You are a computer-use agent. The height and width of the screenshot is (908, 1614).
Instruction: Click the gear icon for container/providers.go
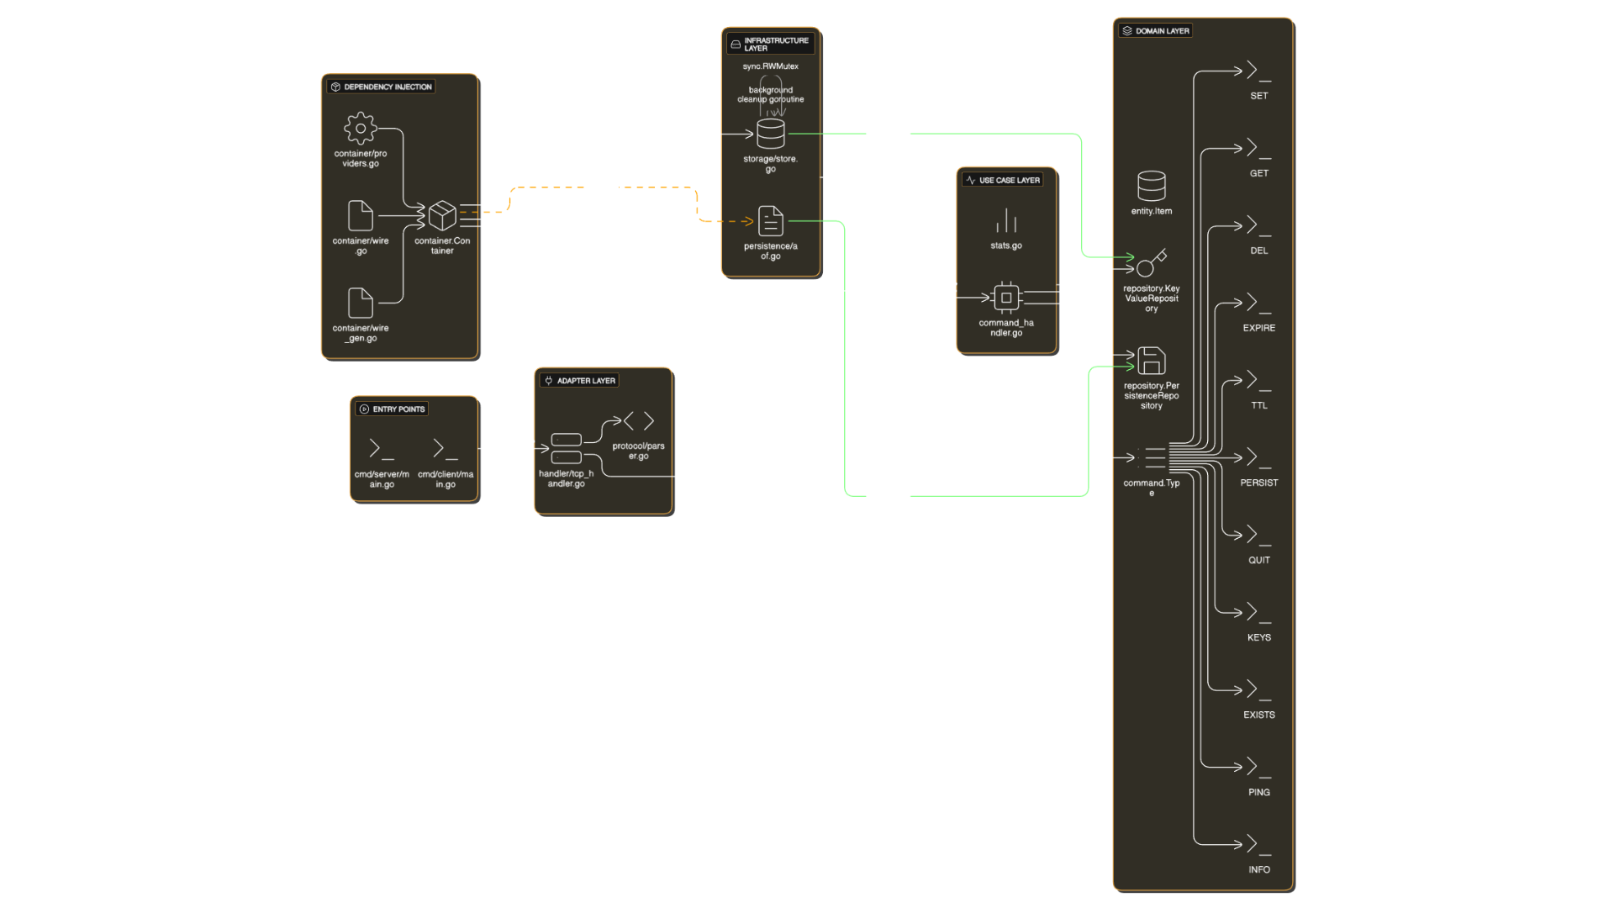pos(360,129)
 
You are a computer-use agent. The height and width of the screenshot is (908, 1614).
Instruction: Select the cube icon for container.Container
pos(442,216)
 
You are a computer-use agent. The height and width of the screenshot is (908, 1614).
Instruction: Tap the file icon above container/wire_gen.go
pos(360,304)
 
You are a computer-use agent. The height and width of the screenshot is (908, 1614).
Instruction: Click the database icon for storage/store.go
pos(770,134)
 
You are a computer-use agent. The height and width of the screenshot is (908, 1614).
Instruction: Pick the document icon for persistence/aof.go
pos(770,221)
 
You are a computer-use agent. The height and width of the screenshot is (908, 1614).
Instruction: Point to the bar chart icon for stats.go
pos(1006,221)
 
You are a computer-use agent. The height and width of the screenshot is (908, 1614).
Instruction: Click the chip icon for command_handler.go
pos(1006,298)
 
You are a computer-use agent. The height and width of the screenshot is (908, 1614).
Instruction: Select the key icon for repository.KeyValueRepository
pos(1151,263)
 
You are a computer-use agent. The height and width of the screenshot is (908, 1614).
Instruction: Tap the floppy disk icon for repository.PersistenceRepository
pos(1151,361)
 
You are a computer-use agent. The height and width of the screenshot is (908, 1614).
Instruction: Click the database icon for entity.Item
pos(1151,186)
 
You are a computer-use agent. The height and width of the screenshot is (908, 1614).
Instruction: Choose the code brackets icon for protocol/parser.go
pos(638,421)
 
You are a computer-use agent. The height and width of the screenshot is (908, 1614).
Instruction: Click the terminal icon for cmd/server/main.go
pos(382,449)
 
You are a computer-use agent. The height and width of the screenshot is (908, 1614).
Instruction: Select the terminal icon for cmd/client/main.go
pos(446,449)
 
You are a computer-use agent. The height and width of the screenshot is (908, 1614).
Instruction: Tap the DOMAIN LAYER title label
pos(1162,31)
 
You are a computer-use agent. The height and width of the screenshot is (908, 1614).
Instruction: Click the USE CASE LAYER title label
pos(1009,180)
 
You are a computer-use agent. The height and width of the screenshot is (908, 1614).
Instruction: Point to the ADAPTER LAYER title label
pos(585,381)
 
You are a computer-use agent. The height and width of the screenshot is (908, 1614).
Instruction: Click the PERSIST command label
pos(1258,483)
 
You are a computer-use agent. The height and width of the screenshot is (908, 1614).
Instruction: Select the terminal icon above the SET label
pos(1258,71)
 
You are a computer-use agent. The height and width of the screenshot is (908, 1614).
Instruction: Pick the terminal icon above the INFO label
pos(1258,844)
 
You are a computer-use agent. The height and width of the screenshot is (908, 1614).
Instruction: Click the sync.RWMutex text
pos(770,66)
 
